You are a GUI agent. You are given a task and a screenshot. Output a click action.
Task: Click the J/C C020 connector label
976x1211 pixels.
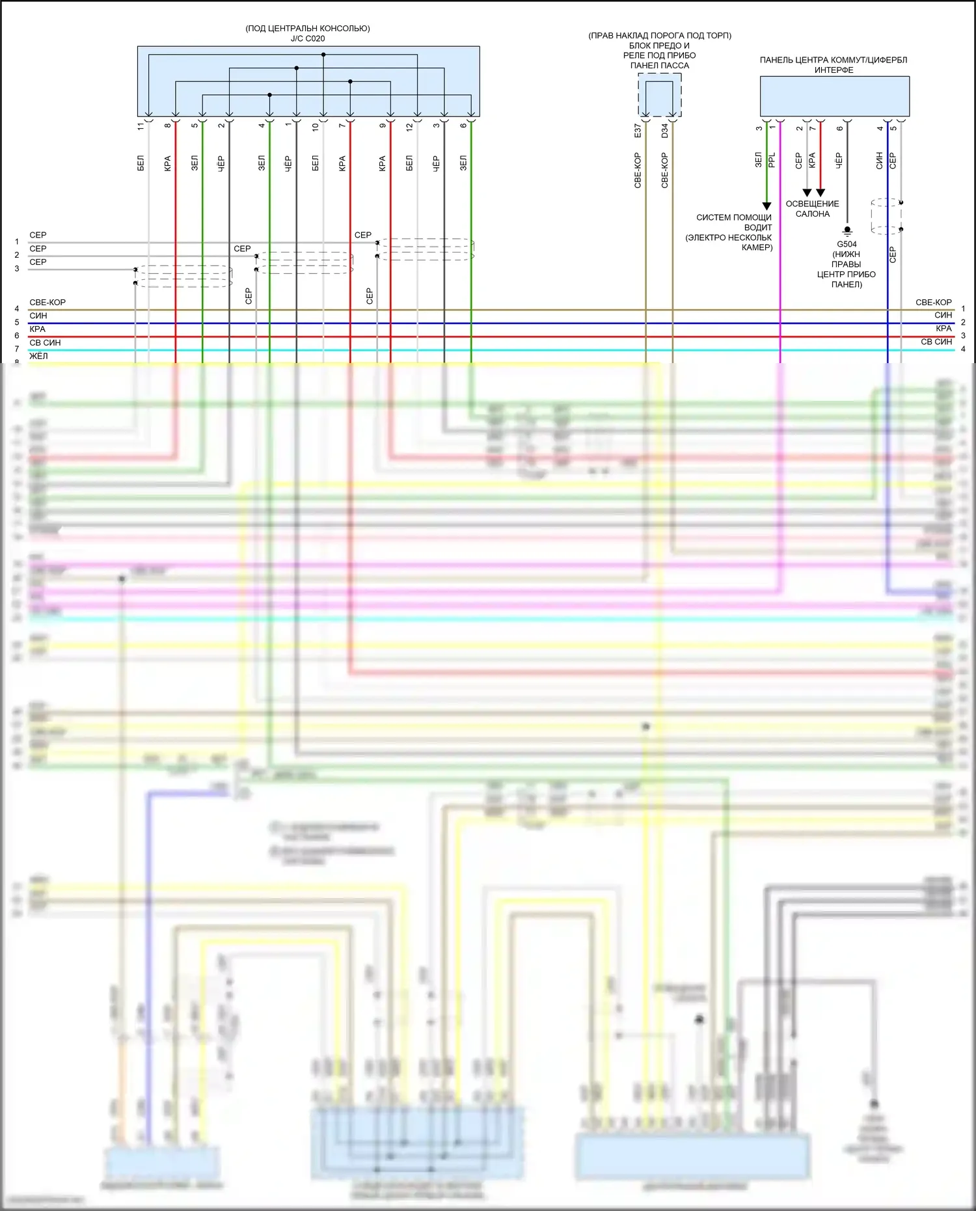pos(307,38)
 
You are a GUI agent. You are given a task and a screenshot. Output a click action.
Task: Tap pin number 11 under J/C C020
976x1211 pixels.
pos(141,126)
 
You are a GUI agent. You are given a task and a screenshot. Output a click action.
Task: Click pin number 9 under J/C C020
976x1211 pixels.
pos(383,126)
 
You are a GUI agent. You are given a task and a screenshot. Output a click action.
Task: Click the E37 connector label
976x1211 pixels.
pos(638,131)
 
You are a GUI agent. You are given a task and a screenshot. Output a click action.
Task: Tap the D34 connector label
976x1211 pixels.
pos(664,131)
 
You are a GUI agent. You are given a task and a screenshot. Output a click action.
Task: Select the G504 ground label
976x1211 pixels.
pos(847,245)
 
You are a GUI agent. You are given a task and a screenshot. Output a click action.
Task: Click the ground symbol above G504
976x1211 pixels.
pos(847,230)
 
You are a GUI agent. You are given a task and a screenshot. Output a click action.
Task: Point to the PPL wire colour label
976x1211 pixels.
pos(772,160)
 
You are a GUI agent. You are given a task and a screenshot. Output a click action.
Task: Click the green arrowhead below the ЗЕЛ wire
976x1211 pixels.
pos(766,206)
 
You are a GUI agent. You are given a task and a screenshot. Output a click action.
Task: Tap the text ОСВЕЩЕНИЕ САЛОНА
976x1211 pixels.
pos(812,209)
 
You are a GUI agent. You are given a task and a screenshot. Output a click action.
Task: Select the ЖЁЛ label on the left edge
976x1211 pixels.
pos(38,356)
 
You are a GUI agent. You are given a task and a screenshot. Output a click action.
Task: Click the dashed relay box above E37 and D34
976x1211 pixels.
pos(659,95)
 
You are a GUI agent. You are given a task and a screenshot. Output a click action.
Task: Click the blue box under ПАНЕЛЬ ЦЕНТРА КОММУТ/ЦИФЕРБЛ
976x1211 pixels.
pos(834,96)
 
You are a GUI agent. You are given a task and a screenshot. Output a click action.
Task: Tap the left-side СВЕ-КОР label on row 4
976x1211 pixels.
pos(47,303)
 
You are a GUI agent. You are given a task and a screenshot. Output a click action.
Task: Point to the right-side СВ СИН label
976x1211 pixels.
pos(936,342)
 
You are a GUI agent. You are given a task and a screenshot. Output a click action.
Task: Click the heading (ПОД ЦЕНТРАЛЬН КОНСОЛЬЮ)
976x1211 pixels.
pos(307,29)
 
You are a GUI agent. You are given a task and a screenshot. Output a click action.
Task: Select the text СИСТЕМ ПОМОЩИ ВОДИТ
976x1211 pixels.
pos(733,223)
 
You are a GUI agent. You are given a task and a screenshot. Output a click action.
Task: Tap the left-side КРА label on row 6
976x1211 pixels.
pos(37,329)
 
